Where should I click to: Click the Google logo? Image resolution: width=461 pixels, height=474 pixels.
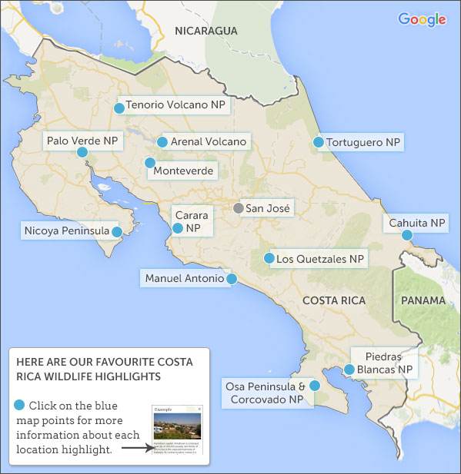(422, 19)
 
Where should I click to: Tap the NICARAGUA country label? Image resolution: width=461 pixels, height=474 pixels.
(206, 31)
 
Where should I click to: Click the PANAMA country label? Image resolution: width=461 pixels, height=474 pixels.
(423, 300)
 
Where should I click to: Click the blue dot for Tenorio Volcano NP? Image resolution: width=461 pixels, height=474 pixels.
(119, 108)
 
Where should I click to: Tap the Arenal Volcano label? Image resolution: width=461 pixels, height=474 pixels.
(209, 142)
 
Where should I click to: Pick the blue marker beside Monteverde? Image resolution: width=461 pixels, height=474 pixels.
(149, 163)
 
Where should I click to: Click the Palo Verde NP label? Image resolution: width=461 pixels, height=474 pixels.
(82, 141)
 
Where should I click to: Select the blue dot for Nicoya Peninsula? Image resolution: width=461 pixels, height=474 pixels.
(116, 231)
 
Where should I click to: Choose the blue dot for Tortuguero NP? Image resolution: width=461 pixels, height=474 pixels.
(318, 142)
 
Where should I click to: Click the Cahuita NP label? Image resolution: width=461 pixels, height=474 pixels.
(417, 224)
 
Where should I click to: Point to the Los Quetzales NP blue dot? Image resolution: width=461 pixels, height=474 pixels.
(269, 259)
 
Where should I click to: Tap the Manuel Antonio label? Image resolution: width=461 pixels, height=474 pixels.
(183, 278)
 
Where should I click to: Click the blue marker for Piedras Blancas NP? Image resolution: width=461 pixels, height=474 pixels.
(349, 370)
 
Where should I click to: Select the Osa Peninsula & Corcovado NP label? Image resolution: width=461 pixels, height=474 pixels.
(265, 392)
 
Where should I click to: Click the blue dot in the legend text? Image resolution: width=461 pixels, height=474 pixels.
(19, 405)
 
